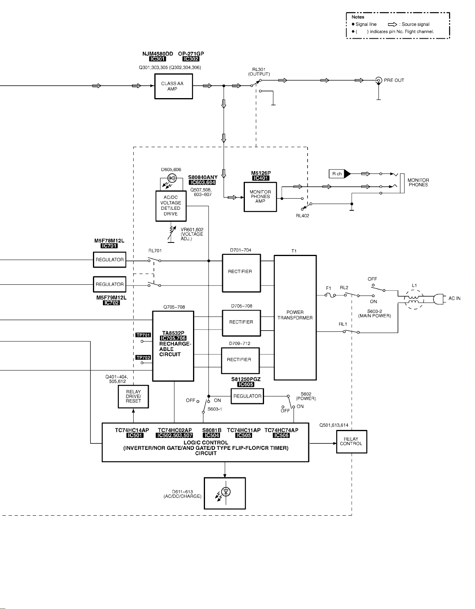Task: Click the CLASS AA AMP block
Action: [x=173, y=86]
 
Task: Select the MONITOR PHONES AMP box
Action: [x=260, y=197]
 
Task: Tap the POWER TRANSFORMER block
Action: [x=295, y=317]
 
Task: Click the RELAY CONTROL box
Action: [x=351, y=441]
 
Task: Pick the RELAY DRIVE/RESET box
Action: [x=133, y=396]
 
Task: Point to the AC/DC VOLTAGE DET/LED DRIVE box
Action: [x=171, y=206]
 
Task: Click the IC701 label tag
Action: [x=109, y=246]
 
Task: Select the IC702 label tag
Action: [x=111, y=303]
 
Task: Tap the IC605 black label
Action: [x=246, y=384]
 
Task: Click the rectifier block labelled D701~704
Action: [x=241, y=273]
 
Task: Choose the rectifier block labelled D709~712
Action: [x=240, y=360]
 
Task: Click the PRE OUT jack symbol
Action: [x=379, y=81]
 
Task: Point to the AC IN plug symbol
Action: [x=438, y=299]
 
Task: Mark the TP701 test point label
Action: [x=143, y=335]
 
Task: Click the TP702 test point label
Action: [x=143, y=357]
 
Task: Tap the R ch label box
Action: [x=337, y=174]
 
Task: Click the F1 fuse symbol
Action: [x=329, y=295]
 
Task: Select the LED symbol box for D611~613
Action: [x=225, y=493]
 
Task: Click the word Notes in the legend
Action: [x=358, y=17]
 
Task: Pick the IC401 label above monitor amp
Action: [x=261, y=178]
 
